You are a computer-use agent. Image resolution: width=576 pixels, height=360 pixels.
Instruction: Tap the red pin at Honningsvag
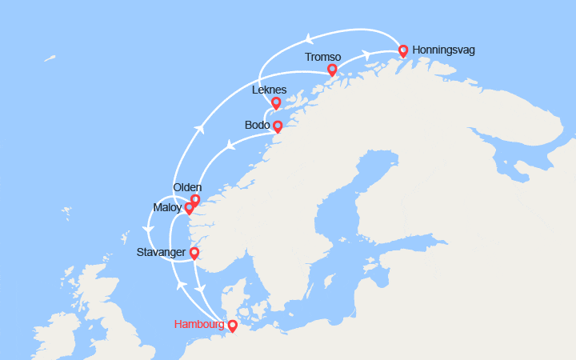tap(403, 50)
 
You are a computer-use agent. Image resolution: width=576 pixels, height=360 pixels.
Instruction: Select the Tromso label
tap(322, 57)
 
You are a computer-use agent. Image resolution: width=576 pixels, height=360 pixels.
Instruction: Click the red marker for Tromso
tap(332, 70)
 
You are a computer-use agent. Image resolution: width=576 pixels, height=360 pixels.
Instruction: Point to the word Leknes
tap(269, 90)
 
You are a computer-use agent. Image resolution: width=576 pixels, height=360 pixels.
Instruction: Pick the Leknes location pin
tap(276, 102)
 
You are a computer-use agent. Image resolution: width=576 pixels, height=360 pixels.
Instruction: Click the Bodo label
tap(257, 126)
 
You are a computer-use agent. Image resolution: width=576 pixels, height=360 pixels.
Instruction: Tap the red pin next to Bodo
tap(278, 126)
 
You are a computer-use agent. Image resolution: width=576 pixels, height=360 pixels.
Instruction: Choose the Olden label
tap(187, 187)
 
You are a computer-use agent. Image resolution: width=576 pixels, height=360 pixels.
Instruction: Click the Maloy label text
tap(167, 208)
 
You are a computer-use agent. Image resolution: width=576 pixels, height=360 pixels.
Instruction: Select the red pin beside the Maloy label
tap(189, 208)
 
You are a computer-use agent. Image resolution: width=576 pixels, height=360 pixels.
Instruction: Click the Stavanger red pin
tap(194, 253)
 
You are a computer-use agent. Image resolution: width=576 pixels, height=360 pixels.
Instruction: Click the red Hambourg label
tap(199, 325)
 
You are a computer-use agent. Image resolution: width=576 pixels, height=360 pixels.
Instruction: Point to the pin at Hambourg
tap(232, 325)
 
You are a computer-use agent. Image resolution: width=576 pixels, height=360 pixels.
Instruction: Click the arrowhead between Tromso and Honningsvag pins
tap(366, 55)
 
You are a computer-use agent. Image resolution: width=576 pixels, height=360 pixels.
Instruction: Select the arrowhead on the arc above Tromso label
tap(306, 38)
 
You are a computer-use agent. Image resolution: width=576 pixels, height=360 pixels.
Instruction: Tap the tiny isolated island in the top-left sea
tap(50, 58)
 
